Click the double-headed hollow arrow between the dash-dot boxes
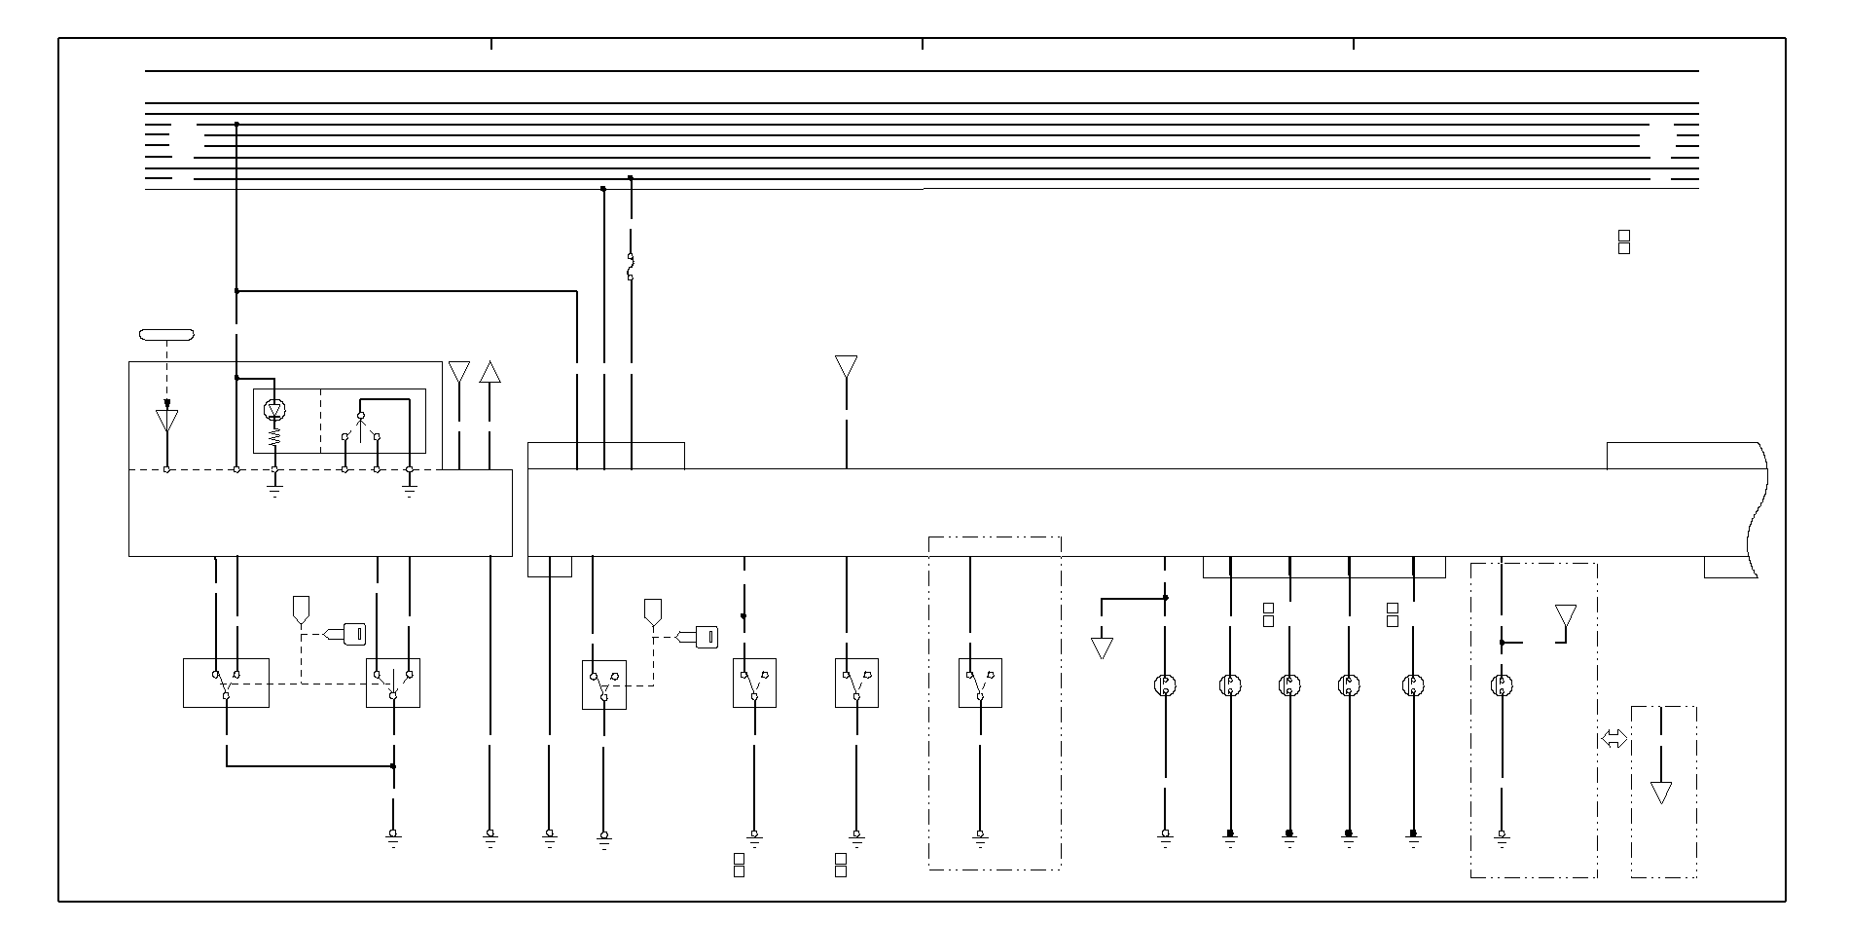point(1613,740)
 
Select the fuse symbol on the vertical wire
point(631,267)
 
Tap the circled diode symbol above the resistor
point(275,411)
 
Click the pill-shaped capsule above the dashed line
point(166,335)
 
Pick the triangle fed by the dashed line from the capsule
point(167,421)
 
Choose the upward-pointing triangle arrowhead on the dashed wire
point(489,372)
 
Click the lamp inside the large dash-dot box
point(1502,685)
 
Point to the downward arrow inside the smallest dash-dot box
point(1661,792)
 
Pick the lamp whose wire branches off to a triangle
point(1165,685)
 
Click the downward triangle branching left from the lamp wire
point(1102,647)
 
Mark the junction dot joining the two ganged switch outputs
point(393,766)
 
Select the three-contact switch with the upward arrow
point(361,428)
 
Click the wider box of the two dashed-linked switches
point(226,683)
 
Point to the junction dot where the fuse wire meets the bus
point(631,178)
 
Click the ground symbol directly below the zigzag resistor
point(275,489)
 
